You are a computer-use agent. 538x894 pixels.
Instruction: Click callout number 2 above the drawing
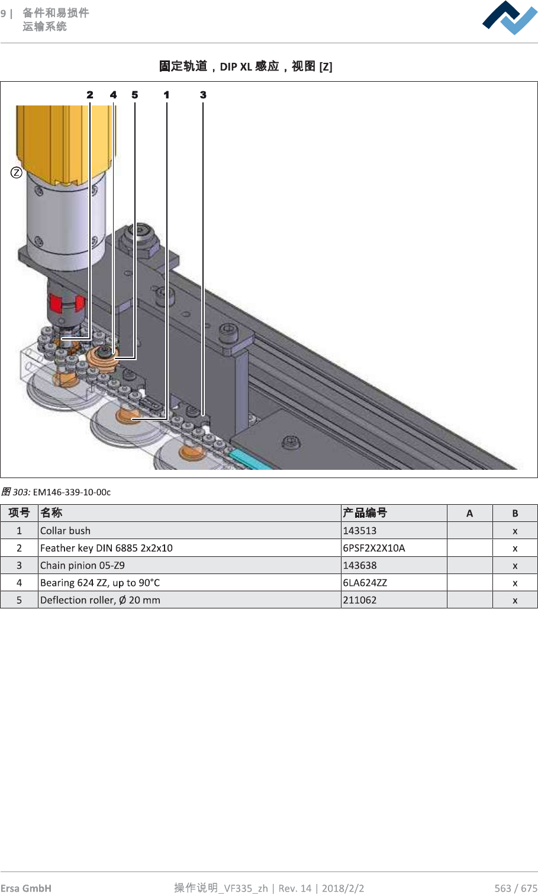(x=90, y=95)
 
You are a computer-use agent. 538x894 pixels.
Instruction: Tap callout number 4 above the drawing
(x=113, y=95)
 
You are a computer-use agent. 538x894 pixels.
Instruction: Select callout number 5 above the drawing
(x=135, y=95)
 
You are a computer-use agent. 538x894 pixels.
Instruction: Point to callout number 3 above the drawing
(x=203, y=95)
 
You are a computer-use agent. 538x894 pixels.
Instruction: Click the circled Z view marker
(x=17, y=172)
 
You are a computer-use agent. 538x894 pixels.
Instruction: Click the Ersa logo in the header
(x=510, y=18)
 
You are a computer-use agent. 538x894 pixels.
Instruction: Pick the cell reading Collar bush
(x=66, y=531)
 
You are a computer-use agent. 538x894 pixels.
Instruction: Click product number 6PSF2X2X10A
(x=374, y=548)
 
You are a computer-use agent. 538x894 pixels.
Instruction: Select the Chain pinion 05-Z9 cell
(x=82, y=565)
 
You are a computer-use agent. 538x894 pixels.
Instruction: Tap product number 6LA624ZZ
(x=365, y=582)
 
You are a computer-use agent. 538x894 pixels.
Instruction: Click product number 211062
(x=360, y=600)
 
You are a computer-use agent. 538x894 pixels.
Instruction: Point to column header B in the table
(x=515, y=513)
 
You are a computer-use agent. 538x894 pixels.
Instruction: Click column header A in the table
(x=469, y=513)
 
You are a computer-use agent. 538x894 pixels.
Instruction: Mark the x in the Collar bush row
(x=515, y=531)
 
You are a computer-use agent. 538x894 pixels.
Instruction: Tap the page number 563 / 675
(x=516, y=887)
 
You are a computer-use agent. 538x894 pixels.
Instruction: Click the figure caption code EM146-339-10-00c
(x=72, y=492)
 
